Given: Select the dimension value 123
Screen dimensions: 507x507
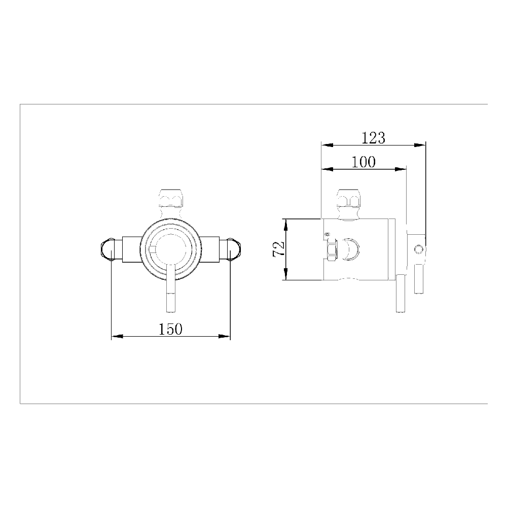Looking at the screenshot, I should [x=374, y=138].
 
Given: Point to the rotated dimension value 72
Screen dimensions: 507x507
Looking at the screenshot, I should [x=278, y=249].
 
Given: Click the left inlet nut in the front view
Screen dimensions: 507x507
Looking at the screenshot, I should [x=107, y=249].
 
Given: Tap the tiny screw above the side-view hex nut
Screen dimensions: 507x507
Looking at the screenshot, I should [x=328, y=234].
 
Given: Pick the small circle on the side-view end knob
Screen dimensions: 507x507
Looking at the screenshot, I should [x=418, y=249].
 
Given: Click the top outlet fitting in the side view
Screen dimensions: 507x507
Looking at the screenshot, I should [x=349, y=199].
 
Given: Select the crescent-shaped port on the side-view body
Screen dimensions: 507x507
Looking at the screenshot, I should [x=350, y=249].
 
